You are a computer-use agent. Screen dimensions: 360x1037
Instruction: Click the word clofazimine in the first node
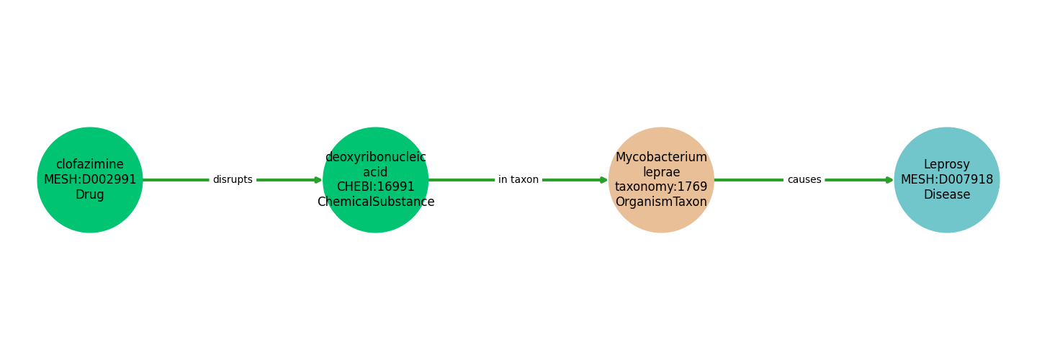point(90,165)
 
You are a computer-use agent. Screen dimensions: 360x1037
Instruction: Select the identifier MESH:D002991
point(90,180)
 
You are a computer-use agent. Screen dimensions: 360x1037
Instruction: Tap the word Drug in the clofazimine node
point(90,195)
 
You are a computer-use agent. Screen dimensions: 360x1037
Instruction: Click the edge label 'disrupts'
point(233,180)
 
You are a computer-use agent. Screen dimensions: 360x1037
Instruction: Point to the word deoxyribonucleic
point(376,157)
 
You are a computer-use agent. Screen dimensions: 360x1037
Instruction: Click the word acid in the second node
point(376,172)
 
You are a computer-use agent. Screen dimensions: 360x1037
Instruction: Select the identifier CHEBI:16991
point(376,187)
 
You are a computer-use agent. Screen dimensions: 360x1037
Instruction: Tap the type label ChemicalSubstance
point(376,202)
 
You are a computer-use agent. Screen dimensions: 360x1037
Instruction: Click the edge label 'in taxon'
point(518,180)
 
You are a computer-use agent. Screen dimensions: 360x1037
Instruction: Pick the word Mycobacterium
point(661,157)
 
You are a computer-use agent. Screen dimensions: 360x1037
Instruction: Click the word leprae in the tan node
point(661,172)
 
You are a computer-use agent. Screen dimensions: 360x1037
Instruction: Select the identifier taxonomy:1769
point(661,187)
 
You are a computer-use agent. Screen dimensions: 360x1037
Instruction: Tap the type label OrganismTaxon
point(661,202)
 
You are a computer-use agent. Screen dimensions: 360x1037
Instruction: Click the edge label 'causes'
point(804,180)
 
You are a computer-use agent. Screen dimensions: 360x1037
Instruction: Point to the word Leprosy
point(947,165)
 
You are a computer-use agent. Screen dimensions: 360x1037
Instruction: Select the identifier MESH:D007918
point(947,180)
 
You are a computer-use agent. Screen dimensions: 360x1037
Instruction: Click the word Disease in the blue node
point(947,195)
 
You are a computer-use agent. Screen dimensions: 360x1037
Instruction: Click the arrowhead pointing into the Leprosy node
point(890,180)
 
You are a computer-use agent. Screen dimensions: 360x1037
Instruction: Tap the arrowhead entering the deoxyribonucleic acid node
point(318,180)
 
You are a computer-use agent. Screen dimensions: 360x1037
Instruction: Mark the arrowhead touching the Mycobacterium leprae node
point(604,180)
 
